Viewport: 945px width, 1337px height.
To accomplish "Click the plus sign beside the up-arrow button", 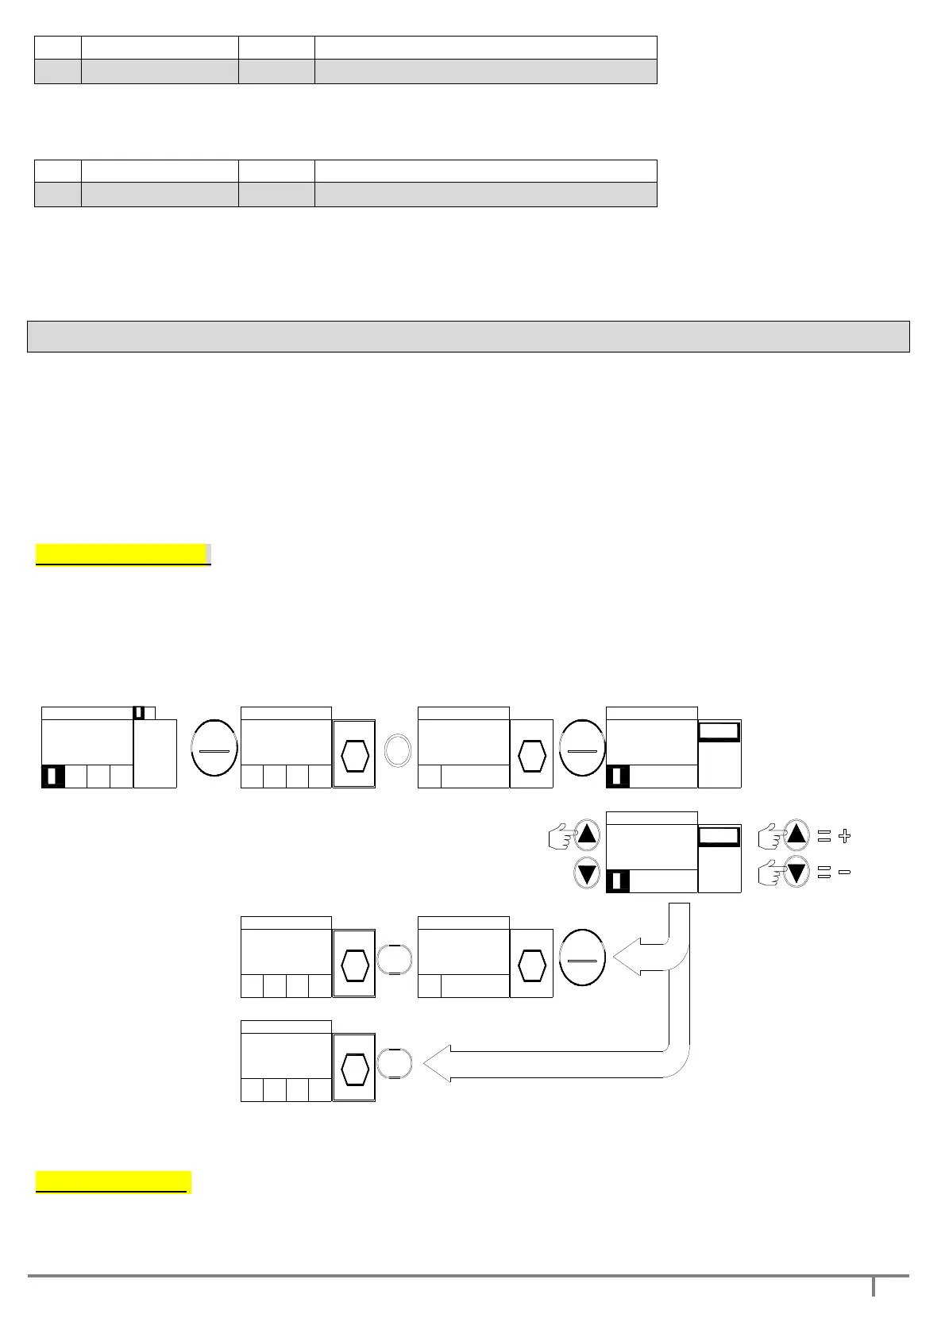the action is (844, 836).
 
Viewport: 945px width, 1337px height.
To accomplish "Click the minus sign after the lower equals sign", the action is (844, 873).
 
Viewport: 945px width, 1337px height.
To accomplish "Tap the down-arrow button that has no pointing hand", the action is (587, 874).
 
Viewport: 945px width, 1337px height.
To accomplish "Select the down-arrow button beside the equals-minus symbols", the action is (796, 873).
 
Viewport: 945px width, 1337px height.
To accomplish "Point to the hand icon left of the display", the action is (561, 837).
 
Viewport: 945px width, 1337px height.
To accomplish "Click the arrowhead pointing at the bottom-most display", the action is (438, 1064).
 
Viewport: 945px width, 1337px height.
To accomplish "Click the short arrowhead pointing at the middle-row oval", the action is (627, 959).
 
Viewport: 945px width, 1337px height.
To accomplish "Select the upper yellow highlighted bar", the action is (122, 554).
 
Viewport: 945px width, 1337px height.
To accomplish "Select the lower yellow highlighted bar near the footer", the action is (114, 1181).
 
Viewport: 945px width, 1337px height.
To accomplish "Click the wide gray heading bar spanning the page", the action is (468, 336).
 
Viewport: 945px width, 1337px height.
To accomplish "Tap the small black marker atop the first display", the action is (139, 713).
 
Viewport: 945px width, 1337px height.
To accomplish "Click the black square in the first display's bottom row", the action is (52, 776).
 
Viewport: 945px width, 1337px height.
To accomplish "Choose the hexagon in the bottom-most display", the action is (354, 1069).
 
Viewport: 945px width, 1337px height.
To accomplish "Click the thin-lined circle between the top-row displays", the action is (399, 749).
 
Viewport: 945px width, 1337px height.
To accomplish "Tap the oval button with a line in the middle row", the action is (582, 959).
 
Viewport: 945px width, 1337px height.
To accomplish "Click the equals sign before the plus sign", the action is (823, 836).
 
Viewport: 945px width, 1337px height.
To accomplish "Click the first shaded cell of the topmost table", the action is (58, 71).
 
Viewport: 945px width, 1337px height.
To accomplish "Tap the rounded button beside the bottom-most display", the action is (395, 1064).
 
